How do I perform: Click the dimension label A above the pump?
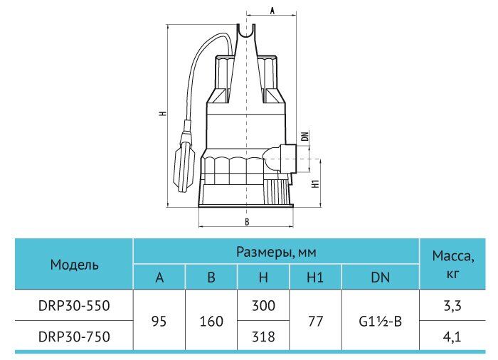pyautogui.click(x=272, y=10)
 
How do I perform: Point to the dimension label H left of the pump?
pyautogui.click(x=163, y=113)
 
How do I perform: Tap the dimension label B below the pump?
pyautogui.click(x=247, y=222)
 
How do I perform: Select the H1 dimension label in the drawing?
pyautogui.click(x=315, y=184)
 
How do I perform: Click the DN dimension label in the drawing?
pyautogui.click(x=305, y=137)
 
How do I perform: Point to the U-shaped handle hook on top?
pyautogui.click(x=246, y=33)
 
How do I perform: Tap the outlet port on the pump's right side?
pyautogui.click(x=287, y=158)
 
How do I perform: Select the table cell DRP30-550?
pyautogui.click(x=74, y=305)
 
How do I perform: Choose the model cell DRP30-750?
pyautogui.click(x=74, y=337)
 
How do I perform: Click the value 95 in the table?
pyautogui.click(x=159, y=322)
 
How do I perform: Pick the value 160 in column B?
pyautogui.click(x=211, y=322)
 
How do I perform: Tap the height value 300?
pyautogui.click(x=263, y=305)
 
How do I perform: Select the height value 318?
pyautogui.click(x=263, y=337)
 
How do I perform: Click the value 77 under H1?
pyautogui.click(x=315, y=322)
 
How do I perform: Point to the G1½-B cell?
pyautogui.click(x=380, y=322)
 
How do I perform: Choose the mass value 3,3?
pyautogui.click(x=452, y=306)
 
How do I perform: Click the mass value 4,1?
pyautogui.click(x=452, y=337)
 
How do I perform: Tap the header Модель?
pyautogui.click(x=74, y=265)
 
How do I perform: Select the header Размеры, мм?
pyautogui.click(x=276, y=252)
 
